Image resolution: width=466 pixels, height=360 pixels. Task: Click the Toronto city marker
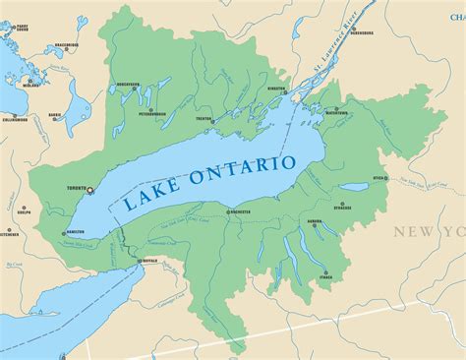[x=90, y=190]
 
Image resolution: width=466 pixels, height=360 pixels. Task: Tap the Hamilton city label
[x=76, y=231]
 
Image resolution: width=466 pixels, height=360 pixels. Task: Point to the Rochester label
[x=240, y=212]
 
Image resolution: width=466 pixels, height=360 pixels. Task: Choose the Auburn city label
[x=316, y=222]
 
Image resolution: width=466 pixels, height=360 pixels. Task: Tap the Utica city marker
[x=384, y=179]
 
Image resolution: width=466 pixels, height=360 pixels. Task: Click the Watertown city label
[x=336, y=114]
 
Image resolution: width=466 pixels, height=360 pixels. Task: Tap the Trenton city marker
[x=204, y=116]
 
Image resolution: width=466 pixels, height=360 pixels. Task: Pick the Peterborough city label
[x=151, y=114]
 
